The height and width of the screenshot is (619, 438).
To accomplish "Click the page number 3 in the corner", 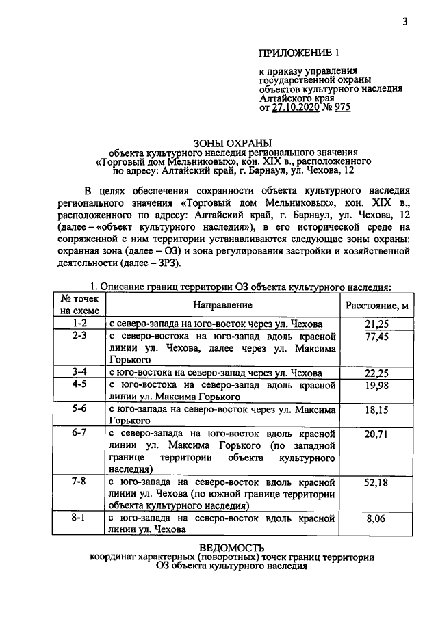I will [x=404, y=22].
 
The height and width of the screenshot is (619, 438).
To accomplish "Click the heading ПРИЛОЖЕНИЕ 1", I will [x=299, y=53].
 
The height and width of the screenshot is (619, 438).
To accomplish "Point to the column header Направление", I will [x=222, y=305].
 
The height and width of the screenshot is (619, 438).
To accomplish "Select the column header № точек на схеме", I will [x=79, y=305].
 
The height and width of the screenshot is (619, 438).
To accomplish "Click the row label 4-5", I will [x=79, y=385].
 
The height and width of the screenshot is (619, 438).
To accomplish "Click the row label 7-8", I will [x=79, y=482].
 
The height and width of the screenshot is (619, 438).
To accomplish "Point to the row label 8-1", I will [x=79, y=518].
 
